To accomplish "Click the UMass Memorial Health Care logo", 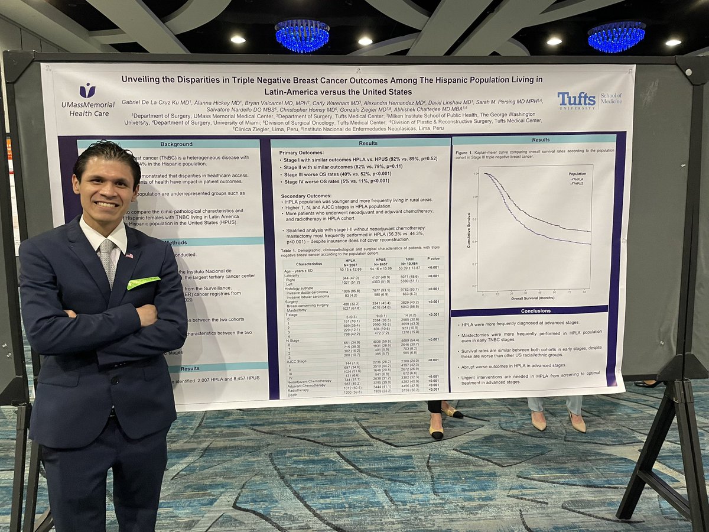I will pos(88,99).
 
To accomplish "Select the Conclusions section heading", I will pos(528,310).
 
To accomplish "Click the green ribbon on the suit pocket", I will pos(143,282).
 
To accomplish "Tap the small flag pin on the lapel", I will pos(129,255).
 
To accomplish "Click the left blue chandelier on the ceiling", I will pos(301,35).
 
